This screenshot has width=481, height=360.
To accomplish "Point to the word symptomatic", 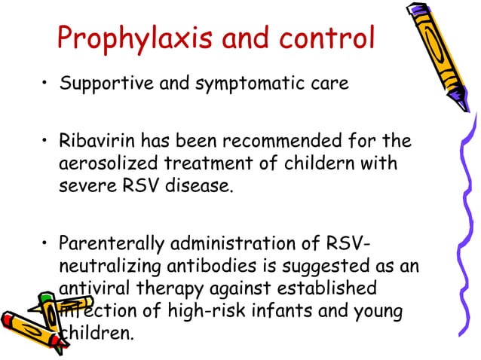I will coord(229,84).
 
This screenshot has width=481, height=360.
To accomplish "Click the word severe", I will coord(82,185).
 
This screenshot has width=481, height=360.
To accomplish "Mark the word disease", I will coord(199,185).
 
